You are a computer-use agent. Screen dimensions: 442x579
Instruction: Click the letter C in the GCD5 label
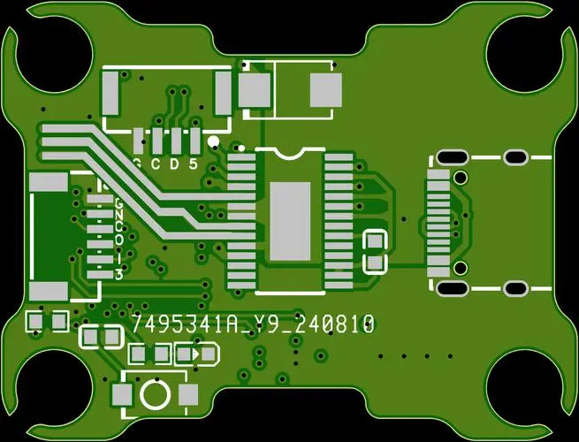tap(155, 164)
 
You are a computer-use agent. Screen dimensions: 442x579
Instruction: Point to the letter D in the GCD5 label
tap(174, 164)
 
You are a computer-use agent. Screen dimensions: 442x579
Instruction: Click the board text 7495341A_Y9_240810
tap(252, 324)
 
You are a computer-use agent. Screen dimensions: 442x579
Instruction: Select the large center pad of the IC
tap(290, 221)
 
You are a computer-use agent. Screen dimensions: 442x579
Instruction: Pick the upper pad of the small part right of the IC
tap(376, 240)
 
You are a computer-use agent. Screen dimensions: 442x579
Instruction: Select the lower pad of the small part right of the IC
tap(376, 262)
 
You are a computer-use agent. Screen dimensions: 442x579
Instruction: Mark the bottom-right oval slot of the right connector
tap(514, 286)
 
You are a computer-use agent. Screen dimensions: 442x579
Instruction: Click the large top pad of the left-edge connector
tap(49, 182)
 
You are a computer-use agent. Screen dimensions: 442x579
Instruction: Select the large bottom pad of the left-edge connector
tap(49, 291)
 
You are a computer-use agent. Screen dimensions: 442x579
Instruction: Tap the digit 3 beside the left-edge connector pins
tap(118, 274)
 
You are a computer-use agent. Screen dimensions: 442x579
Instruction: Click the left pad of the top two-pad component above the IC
tap(255, 88)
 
